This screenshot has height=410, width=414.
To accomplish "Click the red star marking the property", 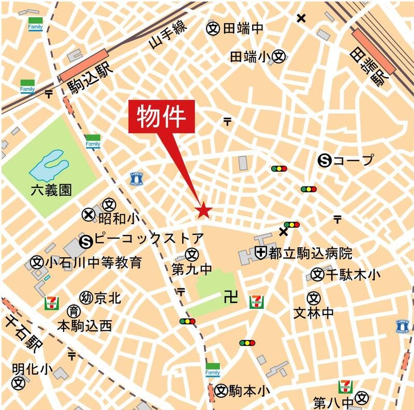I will click(x=203, y=210).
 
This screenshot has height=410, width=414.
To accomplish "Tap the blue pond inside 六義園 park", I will click(x=49, y=165).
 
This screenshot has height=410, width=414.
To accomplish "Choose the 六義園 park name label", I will click(x=51, y=191).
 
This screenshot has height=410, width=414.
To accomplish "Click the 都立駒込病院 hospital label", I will click(x=310, y=253).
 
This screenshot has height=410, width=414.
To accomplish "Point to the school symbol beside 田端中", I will click(x=212, y=28).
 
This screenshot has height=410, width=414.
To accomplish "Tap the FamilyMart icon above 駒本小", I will click(x=213, y=370).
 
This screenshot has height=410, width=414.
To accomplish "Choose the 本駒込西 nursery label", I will click(x=84, y=326).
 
